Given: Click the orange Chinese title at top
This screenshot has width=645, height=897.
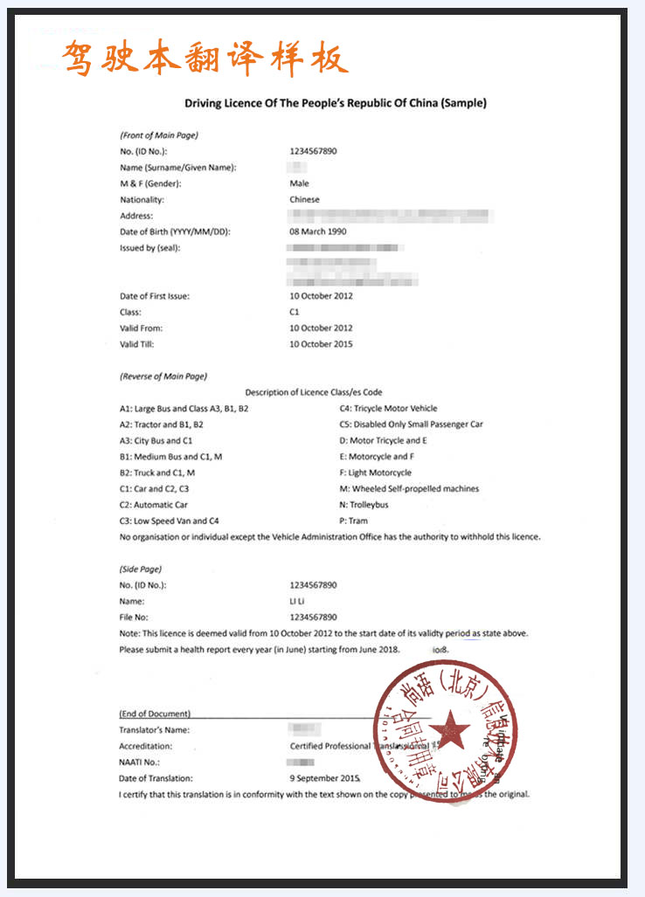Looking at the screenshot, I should [x=206, y=59].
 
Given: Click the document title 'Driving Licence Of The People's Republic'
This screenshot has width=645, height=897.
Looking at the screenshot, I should [x=336, y=103].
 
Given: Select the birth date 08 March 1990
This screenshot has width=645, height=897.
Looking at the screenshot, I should [x=318, y=231].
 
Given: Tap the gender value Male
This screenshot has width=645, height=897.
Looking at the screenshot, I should [x=299, y=183].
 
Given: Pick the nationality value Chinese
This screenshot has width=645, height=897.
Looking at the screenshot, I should [x=304, y=199].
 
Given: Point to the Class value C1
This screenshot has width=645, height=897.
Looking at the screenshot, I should [x=295, y=312].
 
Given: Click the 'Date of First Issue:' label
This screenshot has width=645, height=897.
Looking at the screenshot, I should [x=155, y=296].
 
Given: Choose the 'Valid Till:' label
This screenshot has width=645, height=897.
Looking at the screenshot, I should [x=141, y=344].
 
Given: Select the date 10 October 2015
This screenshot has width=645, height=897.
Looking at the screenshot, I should [x=321, y=344].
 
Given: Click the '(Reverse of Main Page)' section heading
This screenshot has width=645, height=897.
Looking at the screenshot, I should [x=163, y=376].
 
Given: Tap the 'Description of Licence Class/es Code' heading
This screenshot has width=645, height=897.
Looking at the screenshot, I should [x=313, y=392].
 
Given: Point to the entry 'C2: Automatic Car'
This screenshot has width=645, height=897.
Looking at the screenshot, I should [x=154, y=505].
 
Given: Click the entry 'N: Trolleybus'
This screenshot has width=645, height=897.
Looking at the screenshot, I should [x=364, y=505].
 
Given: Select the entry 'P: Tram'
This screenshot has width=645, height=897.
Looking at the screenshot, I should [x=354, y=521].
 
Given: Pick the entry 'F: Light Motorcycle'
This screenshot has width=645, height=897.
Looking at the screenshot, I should [x=376, y=473].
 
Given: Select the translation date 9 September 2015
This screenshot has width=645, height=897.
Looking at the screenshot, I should [x=324, y=778].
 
